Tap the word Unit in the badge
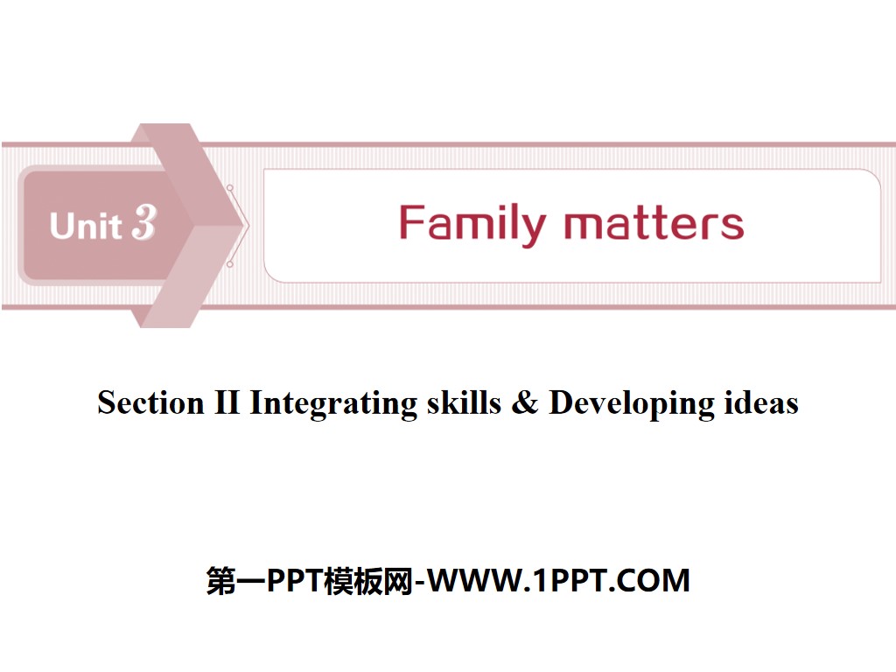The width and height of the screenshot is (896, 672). click(86, 226)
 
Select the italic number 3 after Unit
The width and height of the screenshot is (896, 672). click(143, 224)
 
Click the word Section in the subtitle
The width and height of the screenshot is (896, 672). click(149, 402)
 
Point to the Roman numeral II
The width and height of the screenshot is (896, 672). click(225, 402)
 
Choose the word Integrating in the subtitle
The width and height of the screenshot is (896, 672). click(334, 404)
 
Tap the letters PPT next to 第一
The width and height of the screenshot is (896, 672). click(294, 580)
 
